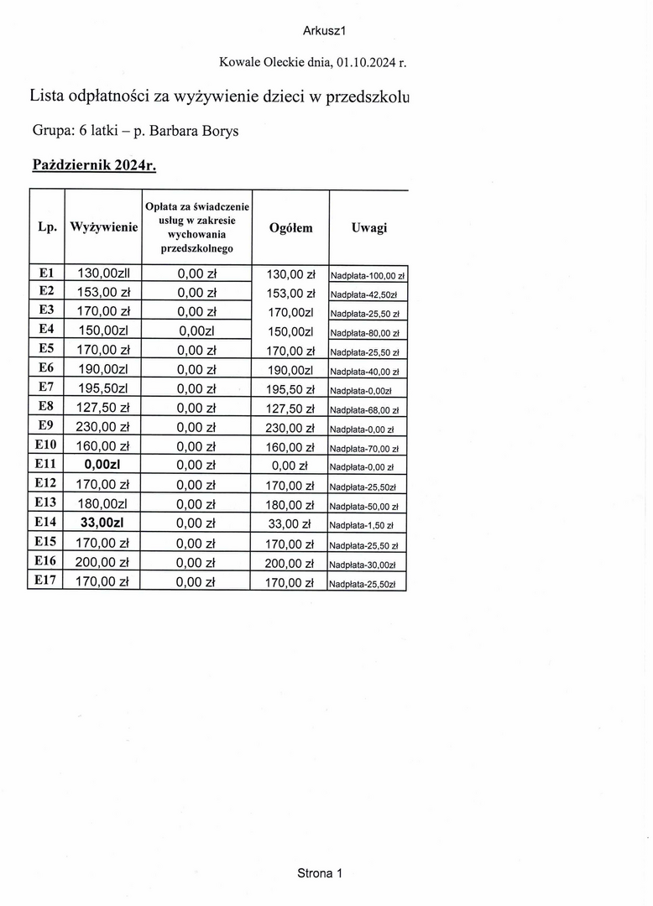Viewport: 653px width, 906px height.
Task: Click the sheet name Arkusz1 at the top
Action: (x=325, y=31)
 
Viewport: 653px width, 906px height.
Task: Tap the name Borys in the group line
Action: (x=217, y=132)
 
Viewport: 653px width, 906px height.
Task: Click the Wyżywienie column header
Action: (x=104, y=227)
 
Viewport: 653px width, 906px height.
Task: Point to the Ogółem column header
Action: (x=290, y=227)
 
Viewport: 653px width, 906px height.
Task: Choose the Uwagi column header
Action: (x=369, y=227)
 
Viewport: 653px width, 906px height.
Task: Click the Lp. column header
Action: (x=47, y=227)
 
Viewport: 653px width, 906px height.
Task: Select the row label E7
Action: (x=46, y=388)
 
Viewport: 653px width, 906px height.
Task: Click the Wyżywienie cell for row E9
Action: (x=102, y=427)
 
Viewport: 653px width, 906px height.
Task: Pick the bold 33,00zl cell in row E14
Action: (x=103, y=523)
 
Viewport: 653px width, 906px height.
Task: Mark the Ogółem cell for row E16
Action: (x=290, y=563)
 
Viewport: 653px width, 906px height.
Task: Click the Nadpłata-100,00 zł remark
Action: (x=368, y=275)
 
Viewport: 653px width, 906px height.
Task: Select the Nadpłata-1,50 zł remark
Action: (x=362, y=525)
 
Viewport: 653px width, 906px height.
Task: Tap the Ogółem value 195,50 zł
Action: (x=290, y=389)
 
